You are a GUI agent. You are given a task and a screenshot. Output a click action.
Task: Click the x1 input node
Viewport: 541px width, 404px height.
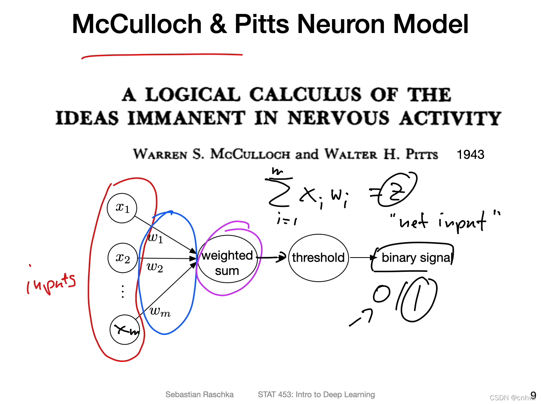(122, 208)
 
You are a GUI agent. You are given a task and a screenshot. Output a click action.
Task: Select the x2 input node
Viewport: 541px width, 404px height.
(123, 258)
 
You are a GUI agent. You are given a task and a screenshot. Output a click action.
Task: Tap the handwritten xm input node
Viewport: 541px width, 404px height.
(125, 330)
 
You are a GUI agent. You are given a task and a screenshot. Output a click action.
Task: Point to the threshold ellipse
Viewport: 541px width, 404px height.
(318, 258)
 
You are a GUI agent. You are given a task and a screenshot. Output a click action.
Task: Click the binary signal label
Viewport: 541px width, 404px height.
(416, 258)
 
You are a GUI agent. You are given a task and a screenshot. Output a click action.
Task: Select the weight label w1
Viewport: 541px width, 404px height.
(155, 238)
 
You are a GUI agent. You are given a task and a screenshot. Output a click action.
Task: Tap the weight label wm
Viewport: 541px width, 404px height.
(160, 311)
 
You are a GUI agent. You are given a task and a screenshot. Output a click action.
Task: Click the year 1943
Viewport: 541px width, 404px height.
(470, 154)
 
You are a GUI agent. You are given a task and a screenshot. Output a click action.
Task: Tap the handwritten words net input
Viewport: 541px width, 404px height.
(444, 221)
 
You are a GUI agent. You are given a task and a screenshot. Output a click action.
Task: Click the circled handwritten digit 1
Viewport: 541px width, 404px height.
(418, 299)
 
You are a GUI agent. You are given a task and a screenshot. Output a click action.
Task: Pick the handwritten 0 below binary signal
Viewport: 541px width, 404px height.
(382, 294)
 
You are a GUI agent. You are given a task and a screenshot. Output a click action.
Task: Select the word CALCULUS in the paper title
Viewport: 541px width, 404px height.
(305, 95)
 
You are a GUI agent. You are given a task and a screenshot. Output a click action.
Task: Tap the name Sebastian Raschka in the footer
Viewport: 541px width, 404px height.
(199, 395)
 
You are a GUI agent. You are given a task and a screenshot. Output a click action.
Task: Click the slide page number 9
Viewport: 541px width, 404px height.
(533, 395)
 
